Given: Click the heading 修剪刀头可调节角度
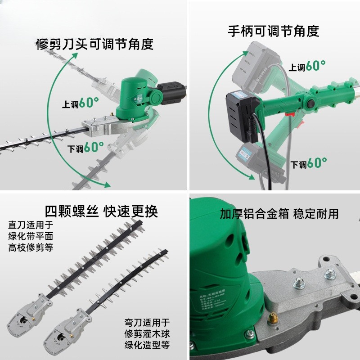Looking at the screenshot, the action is [94, 44].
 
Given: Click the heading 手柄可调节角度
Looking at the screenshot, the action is [274, 31].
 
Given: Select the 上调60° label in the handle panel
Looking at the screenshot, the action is [307, 66].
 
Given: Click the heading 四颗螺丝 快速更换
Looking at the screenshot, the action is [101, 210].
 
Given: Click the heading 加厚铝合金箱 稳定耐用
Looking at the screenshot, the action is [279, 213].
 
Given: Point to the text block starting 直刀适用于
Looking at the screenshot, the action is [31, 235].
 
